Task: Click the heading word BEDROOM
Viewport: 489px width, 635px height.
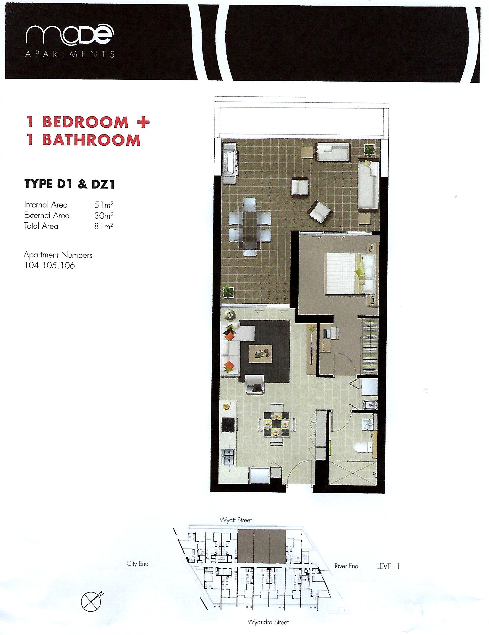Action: point(86,122)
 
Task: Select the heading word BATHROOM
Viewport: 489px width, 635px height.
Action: point(91,140)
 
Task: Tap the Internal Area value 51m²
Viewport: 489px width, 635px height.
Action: point(104,205)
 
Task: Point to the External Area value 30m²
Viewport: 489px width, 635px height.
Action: point(104,215)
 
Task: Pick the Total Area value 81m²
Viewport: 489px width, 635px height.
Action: point(104,226)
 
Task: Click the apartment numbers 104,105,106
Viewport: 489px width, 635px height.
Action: point(50,265)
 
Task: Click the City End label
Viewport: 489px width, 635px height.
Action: point(137,564)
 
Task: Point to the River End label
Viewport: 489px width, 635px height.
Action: point(346,566)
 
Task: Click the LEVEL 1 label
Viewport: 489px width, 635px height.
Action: point(388,566)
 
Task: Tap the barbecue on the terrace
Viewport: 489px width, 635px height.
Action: point(229,163)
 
